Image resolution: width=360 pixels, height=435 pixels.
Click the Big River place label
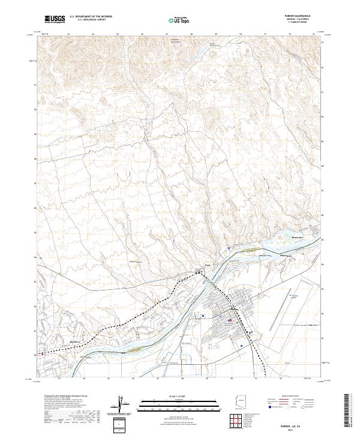coord(75,341)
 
